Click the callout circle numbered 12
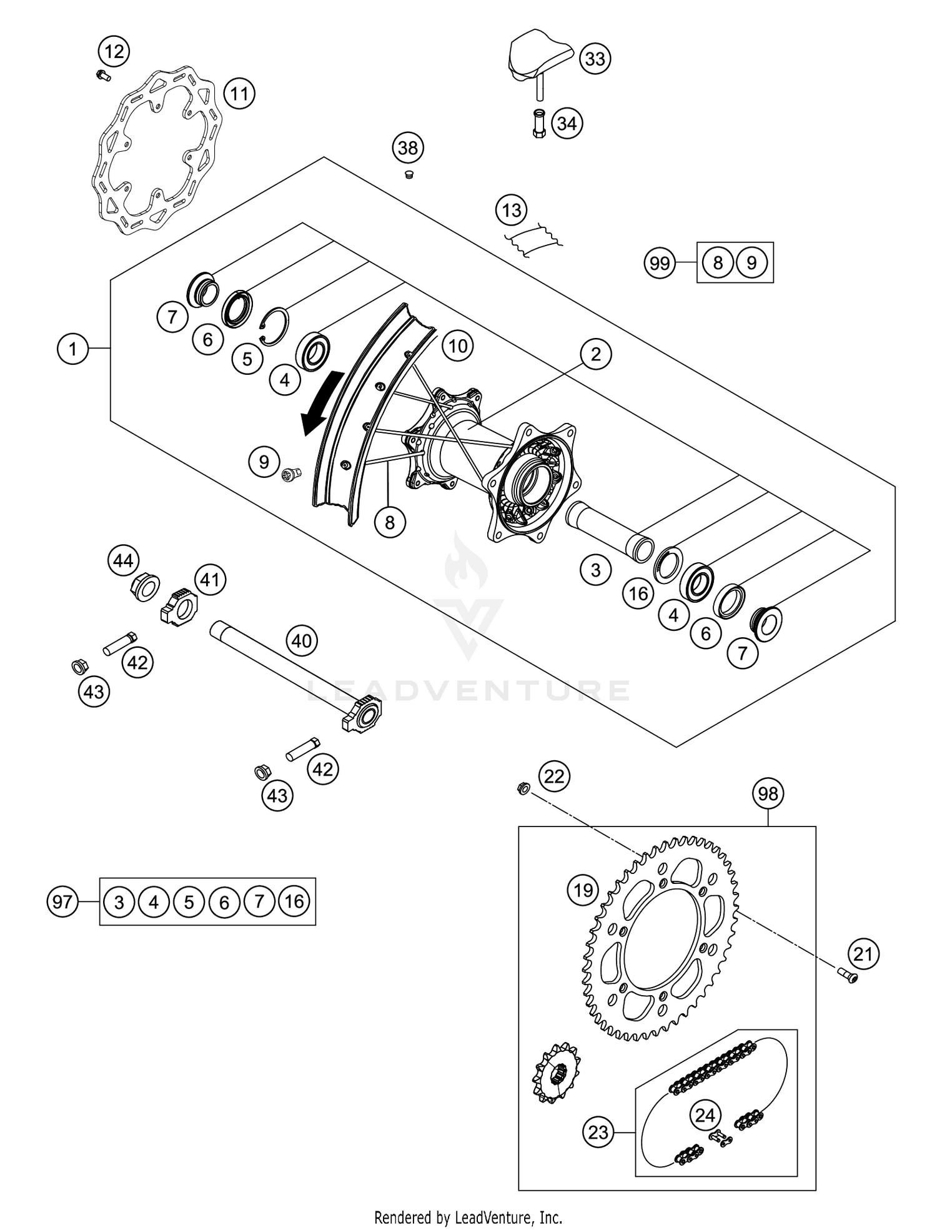pyautogui.click(x=114, y=51)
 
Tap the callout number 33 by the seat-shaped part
pyautogui.click(x=595, y=59)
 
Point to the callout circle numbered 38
pyautogui.click(x=407, y=148)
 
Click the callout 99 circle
pyautogui.click(x=660, y=263)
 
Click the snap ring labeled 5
pyautogui.click(x=275, y=326)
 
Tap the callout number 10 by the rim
pyautogui.click(x=458, y=345)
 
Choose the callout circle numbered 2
pyautogui.click(x=595, y=354)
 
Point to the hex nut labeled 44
pyautogui.click(x=145, y=587)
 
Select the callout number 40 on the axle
pyautogui.click(x=302, y=641)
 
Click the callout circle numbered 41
pyautogui.click(x=209, y=580)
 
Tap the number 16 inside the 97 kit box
pyautogui.click(x=294, y=901)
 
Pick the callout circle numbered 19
pyautogui.click(x=583, y=890)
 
